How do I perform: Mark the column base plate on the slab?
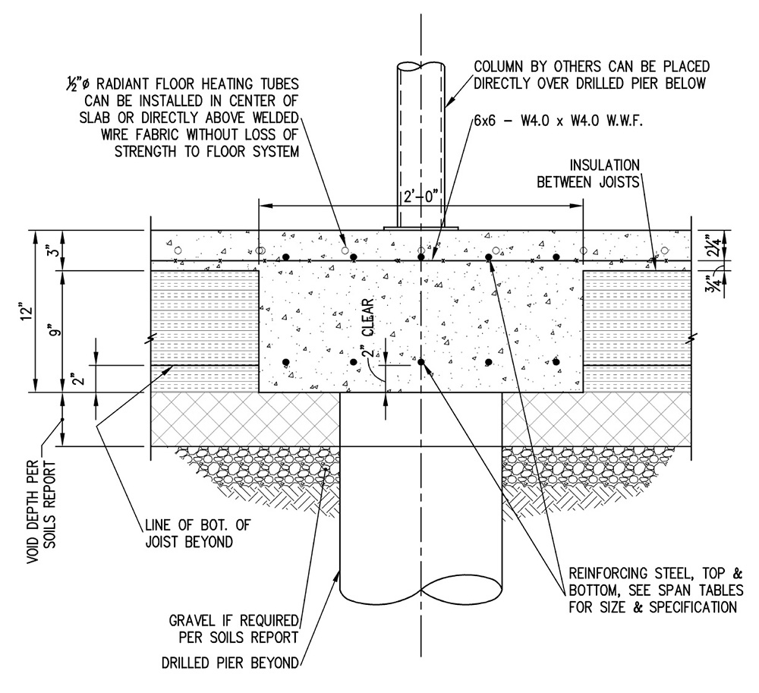coord(420,227)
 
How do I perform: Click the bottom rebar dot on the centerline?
coord(420,362)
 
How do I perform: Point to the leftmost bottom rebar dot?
coord(285,362)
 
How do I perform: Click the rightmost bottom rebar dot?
coord(556,362)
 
